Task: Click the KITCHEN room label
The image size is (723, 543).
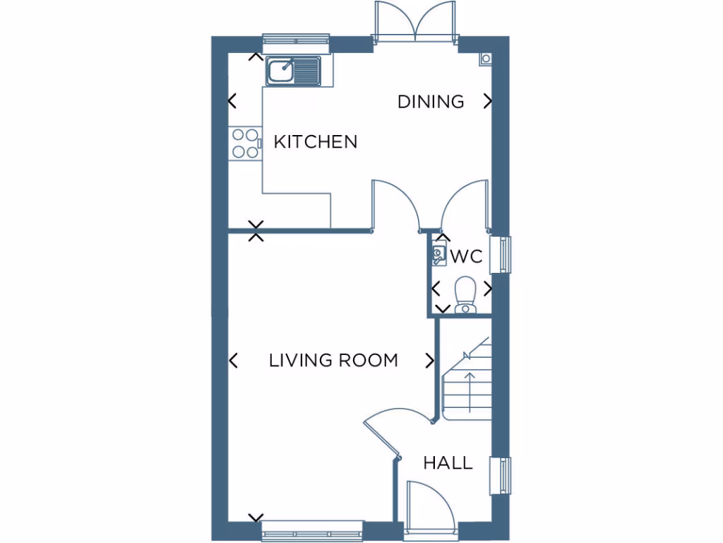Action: [315, 141]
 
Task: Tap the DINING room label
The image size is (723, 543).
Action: [431, 102]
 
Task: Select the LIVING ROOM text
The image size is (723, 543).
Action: [333, 361]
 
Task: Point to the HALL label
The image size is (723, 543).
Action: [448, 464]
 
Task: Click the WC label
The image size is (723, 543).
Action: [467, 256]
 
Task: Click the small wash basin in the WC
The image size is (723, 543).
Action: [438, 255]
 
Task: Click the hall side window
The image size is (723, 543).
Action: [505, 476]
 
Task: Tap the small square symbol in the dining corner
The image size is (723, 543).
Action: [484, 59]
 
